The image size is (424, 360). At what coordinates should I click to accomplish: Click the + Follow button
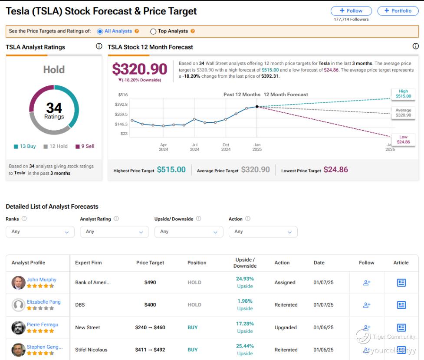[x=351, y=11]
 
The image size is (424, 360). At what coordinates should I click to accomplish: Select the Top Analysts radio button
[x=153, y=31]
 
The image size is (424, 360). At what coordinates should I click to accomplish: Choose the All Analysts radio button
[x=100, y=31]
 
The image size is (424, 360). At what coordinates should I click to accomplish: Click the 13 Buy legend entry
[x=25, y=146]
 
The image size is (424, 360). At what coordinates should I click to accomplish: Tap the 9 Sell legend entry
[x=85, y=146]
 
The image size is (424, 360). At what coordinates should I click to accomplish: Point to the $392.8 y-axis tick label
[x=121, y=105]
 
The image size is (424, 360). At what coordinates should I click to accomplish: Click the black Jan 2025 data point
[x=257, y=107]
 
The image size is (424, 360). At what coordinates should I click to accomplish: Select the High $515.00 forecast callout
[x=403, y=94]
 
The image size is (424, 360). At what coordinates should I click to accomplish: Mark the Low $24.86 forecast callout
[x=403, y=140]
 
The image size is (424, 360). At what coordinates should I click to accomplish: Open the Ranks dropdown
[x=40, y=232]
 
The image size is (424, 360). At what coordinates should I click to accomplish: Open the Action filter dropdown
[x=263, y=232]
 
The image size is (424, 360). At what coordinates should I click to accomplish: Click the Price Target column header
[x=150, y=263]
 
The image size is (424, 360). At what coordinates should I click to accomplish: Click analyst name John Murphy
[x=42, y=279]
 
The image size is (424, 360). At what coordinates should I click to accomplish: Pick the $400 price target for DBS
[x=150, y=305]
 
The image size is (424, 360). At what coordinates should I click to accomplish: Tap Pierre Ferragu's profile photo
[x=18, y=327]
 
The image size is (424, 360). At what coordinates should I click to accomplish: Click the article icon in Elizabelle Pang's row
[x=401, y=305]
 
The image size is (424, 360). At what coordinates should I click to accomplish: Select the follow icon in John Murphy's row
[x=367, y=283]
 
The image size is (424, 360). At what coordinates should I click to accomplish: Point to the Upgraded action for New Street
[x=286, y=327]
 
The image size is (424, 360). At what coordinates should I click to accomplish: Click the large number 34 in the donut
[x=54, y=108]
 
